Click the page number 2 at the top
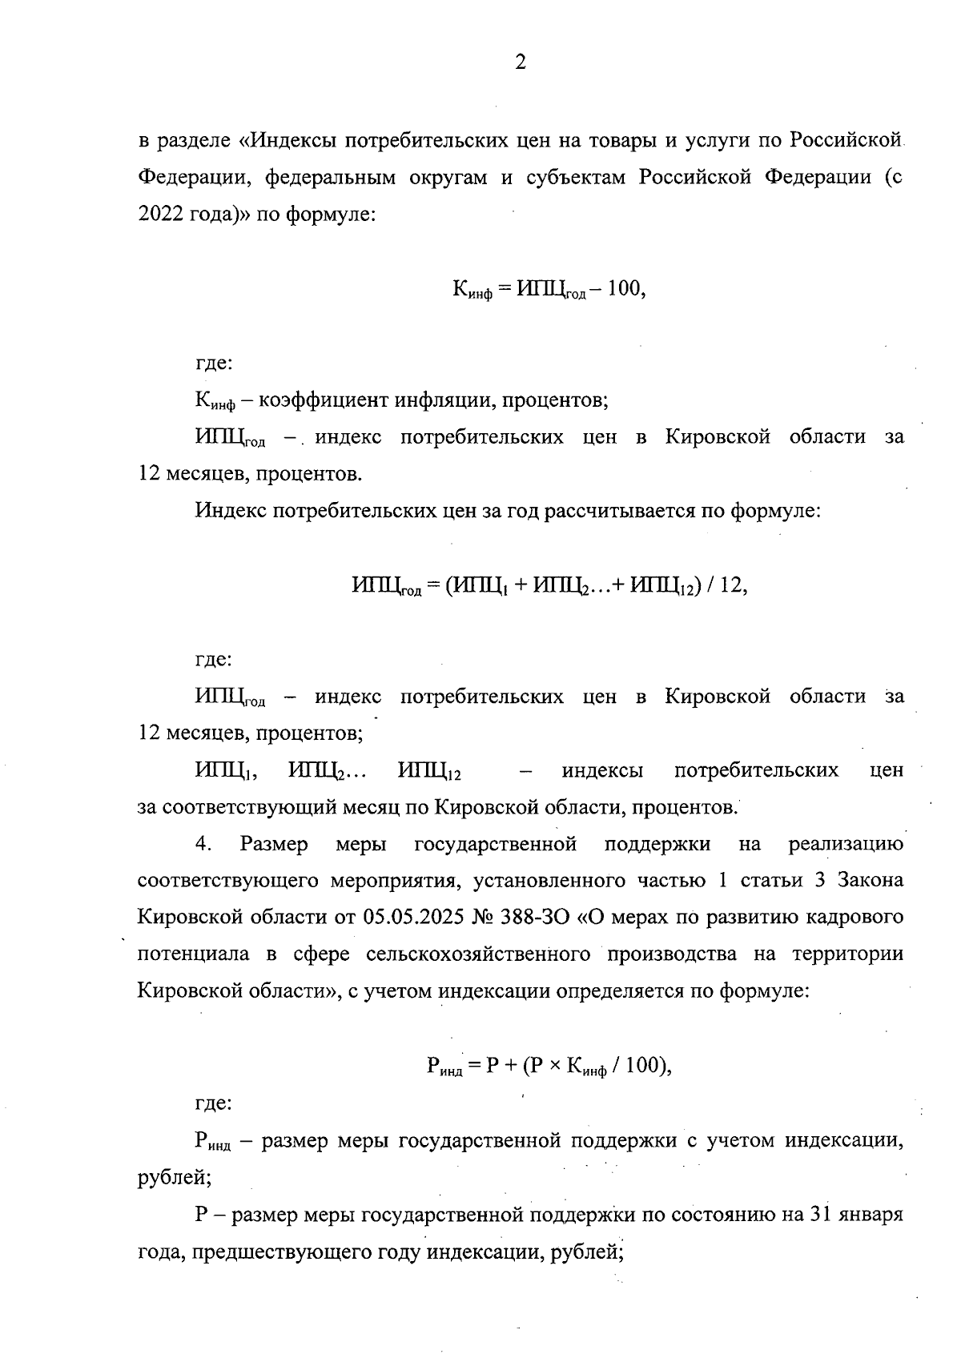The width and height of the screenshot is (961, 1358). pyautogui.click(x=521, y=63)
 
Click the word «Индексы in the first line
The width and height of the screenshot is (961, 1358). pyautogui.click(x=289, y=140)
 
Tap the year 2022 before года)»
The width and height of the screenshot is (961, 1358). pyautogui.click(x=163, y=215)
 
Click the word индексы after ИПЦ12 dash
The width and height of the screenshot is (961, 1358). pyautogui.click(x=603, y=770)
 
